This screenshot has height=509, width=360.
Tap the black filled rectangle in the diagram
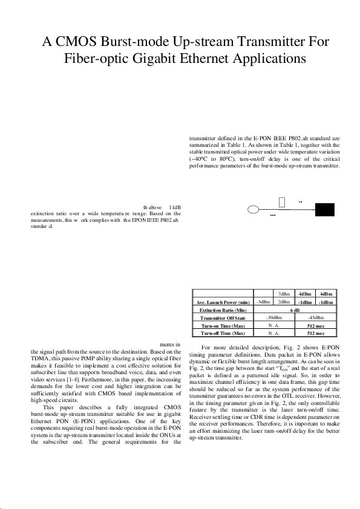click(325, 209)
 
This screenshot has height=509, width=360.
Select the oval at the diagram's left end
click(255, 209)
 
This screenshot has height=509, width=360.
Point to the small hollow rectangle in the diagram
click(283, 201)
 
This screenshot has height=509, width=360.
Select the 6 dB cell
click(295, 309)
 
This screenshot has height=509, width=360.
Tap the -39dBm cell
click(274, 317)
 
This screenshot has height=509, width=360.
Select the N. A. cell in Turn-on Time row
click(273, 325)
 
